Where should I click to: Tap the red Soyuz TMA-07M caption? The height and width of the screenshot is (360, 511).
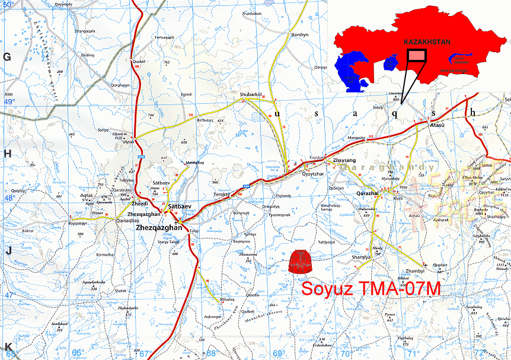pos(368,289)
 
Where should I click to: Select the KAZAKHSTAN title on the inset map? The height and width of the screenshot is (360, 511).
pos(427,42)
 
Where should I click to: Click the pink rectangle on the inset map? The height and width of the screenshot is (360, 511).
pos(417,55)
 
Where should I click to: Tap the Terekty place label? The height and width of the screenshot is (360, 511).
pos(221,194)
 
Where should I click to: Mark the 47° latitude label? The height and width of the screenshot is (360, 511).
pos(9,295)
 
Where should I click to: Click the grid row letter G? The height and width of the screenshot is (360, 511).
pos(8,57)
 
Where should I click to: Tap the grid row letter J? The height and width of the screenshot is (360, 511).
pos(8,250)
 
